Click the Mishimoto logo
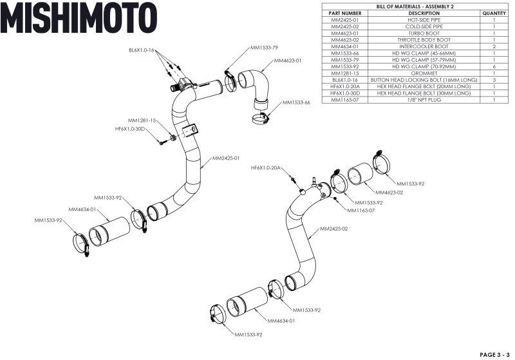pyautogui.click(x=79, y=17)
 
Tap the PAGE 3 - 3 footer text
pyautogui.click(x=494, y=354)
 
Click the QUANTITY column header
pyautogui.click(x=493, y=13)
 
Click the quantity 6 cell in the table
pyautogui.click(x=493, y=66)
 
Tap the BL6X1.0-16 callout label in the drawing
pyautogui.click(x=141, y=50)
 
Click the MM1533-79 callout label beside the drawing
pyautogui.click(x=264, y=48)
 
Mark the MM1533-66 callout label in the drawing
pyautogui.click(x=297, y=102)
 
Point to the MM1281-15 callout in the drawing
pyautogui.click(x=142, y=120)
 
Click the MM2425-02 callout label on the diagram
pyautogui.click(x=334, y=229)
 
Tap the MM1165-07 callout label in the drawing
pyautogui.click(x=361, y=210)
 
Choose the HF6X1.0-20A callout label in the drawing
pyautogui.click(x=266, y=167)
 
